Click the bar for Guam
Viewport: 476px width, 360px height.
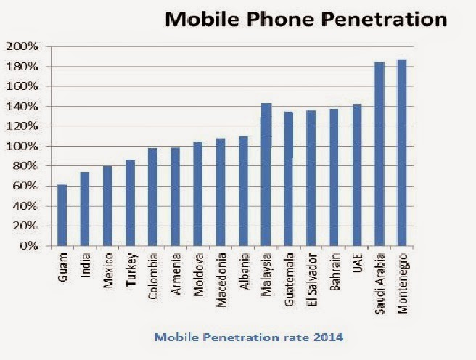pyautogui.click(x=62, y=216)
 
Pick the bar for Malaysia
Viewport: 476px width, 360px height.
pyautogui.click(x=266, y=174)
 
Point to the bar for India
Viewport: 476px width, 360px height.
pyautogui.click(x=84, y=209)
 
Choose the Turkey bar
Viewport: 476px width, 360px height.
pyautogui.click(x=130, y=202)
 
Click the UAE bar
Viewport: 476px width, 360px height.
pyautogui.click(x=356, y=175)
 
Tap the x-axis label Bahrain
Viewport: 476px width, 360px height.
pyautogui.click(x=334, y=272)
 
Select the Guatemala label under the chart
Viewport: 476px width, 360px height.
pyautogui.click(x=288, y=277)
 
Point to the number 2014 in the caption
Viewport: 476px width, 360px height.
pyautogui.click(x=330, y=337)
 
